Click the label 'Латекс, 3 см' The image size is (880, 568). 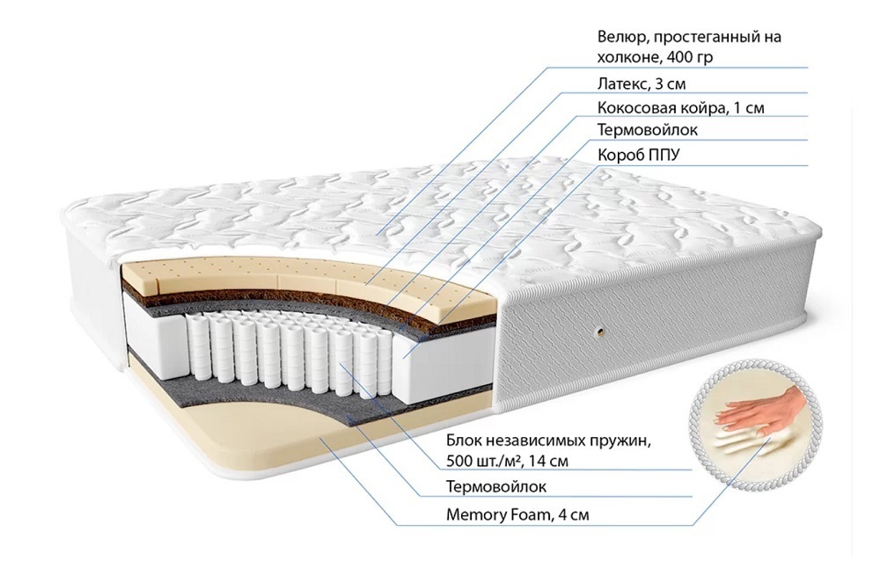tap(642, 84)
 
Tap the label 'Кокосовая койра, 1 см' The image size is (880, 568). tap(681, 107)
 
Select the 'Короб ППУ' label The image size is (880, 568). tap(638, 155)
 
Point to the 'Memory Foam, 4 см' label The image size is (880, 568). tap(517, 514)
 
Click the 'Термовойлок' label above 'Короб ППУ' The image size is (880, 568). tap(648, 130)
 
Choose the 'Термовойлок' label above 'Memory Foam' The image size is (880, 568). tap(496, 486)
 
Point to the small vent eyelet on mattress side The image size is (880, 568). tap(601, 331)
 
